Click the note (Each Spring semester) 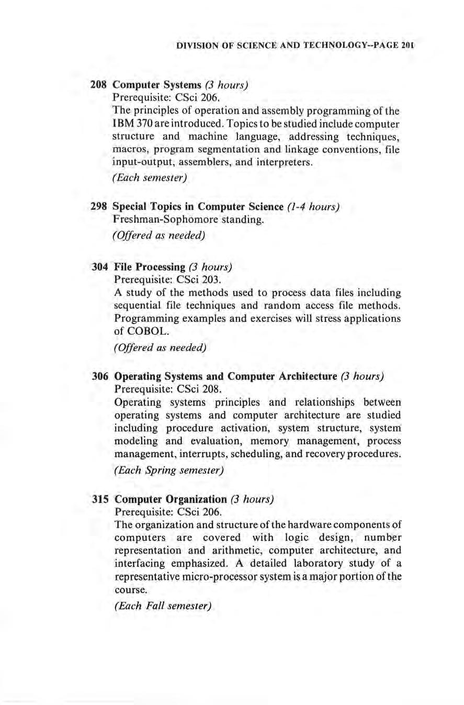pos(169,471)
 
